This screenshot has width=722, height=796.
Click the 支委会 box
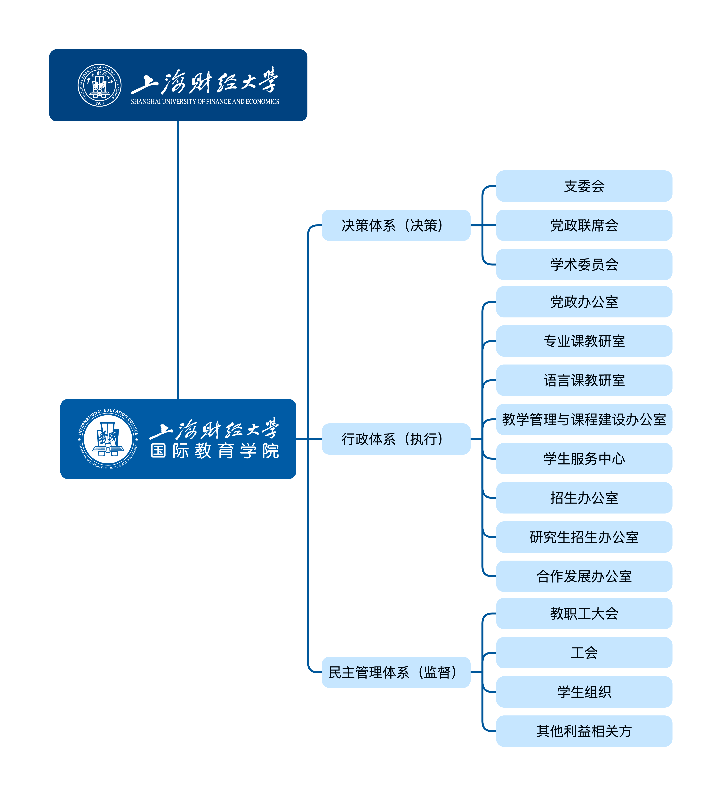(x=584, y=186)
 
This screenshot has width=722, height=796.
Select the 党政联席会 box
(x=584, y=225)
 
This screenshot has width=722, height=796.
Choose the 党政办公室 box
(x=584, y=302)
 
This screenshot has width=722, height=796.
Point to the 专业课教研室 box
(x=584, y=341)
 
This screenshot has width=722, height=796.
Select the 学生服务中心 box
(x=584, y=458)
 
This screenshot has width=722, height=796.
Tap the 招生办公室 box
(x=584, y=497)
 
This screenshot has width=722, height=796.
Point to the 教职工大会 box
(x=584, y=613)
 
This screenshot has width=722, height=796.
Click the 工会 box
(x=584, y=652)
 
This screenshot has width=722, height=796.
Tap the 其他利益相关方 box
(x=584, y=731)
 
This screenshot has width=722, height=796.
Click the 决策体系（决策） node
(x=396, y=225)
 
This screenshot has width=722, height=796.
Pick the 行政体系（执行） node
(x=396, y=439)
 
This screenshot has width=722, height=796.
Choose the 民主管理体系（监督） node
(x=396, y=672)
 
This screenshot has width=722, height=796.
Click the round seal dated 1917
(x=99, y=85)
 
